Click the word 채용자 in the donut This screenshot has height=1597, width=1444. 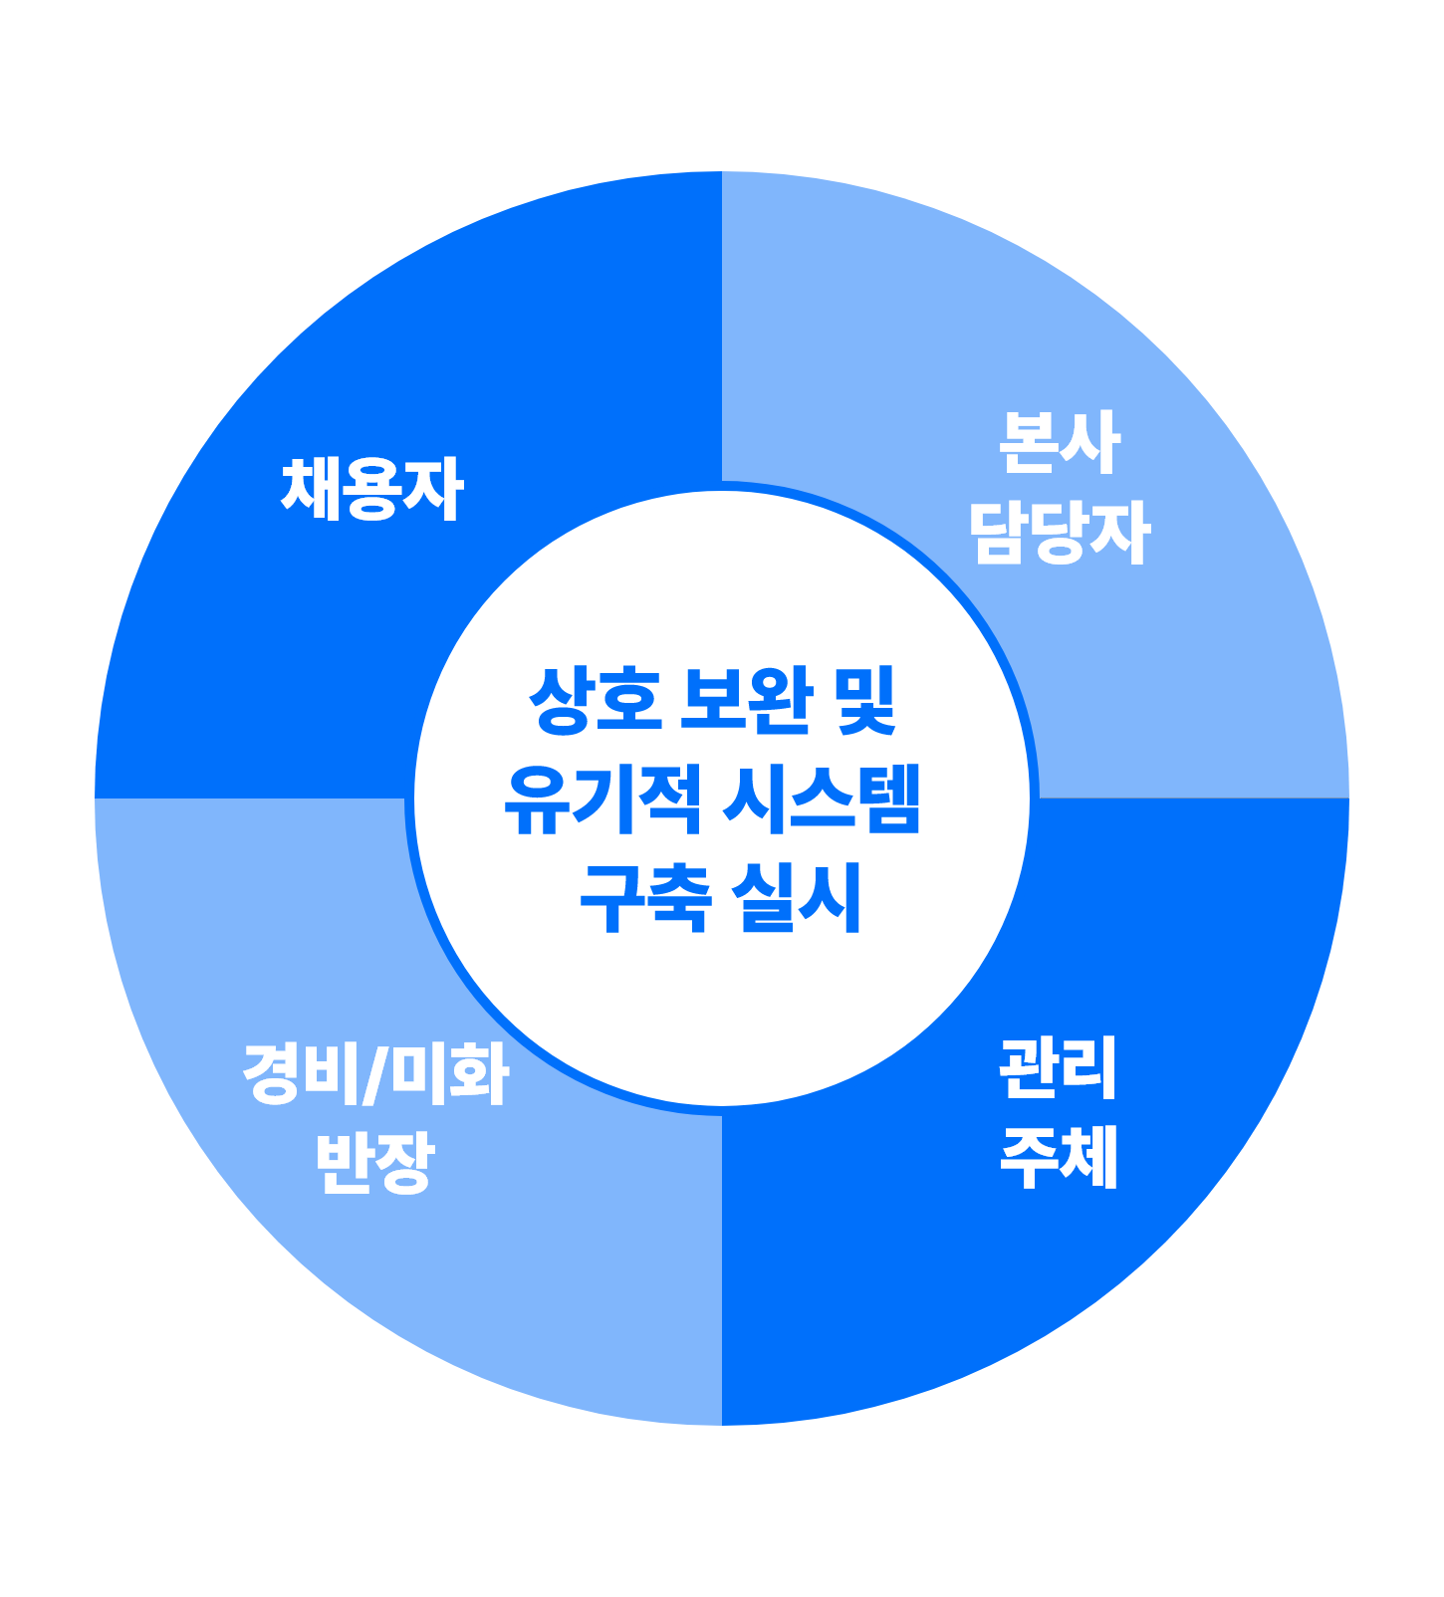372,489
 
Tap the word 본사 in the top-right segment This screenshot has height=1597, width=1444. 1060,443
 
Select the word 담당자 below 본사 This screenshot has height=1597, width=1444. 1060,532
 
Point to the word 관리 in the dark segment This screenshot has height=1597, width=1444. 1059,1068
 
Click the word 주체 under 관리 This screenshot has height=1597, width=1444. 1059,1157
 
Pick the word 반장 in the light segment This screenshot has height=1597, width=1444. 375,1162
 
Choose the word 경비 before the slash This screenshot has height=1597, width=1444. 304,1074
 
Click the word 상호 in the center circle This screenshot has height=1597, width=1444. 595,701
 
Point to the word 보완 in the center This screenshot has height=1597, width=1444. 746,701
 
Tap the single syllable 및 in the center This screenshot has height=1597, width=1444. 867,701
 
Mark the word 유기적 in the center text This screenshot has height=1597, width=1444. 602,799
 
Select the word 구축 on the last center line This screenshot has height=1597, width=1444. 645,898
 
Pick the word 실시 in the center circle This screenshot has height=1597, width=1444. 797,898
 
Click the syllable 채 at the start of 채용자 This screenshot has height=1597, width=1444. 312,489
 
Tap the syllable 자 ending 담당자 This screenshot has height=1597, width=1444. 1119,532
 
